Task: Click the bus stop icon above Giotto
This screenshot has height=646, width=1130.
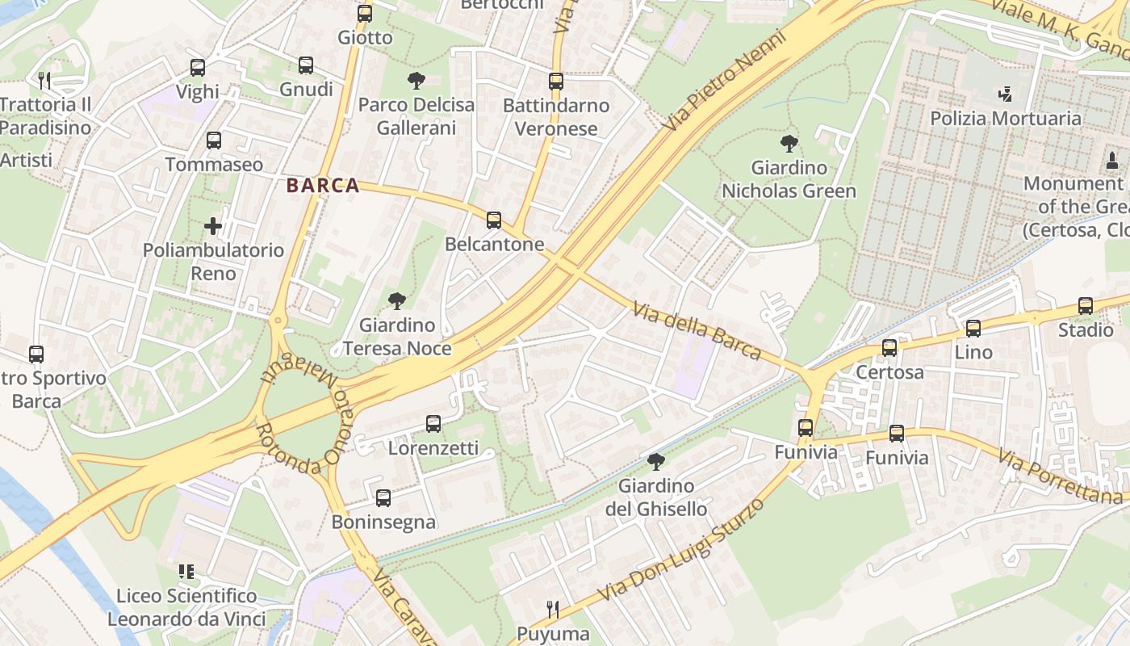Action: point(365,14)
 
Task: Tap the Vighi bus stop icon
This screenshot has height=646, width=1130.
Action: point(198,68)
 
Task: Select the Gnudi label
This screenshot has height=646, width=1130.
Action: point(306,89)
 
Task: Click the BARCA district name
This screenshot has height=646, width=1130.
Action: point(323,186)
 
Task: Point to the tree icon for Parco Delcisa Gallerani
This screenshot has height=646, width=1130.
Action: point(416,80)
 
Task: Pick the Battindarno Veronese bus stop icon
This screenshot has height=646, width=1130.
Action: point(556,82)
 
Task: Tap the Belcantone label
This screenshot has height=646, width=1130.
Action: point(494,244)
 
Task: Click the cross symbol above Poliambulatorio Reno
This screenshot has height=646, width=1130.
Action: point(213,226)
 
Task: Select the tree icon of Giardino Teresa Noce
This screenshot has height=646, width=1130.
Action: point(396,301)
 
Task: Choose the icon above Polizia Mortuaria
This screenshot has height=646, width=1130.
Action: point(1005,94)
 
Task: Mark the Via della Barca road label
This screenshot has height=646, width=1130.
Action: point(697,331)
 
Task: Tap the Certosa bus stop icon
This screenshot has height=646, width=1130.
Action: point(889,348)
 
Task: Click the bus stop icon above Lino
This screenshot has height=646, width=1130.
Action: point(973,329)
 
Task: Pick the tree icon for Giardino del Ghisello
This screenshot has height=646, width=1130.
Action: point(656,462)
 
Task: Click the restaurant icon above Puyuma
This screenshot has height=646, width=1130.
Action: point(553,608)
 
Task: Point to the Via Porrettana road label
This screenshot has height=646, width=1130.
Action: point(1060,477)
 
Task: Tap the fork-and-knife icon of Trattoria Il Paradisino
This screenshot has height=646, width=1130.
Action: point(45,80)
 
